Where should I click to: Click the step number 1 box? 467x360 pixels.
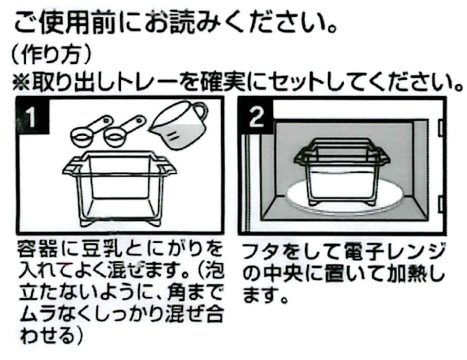30,118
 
